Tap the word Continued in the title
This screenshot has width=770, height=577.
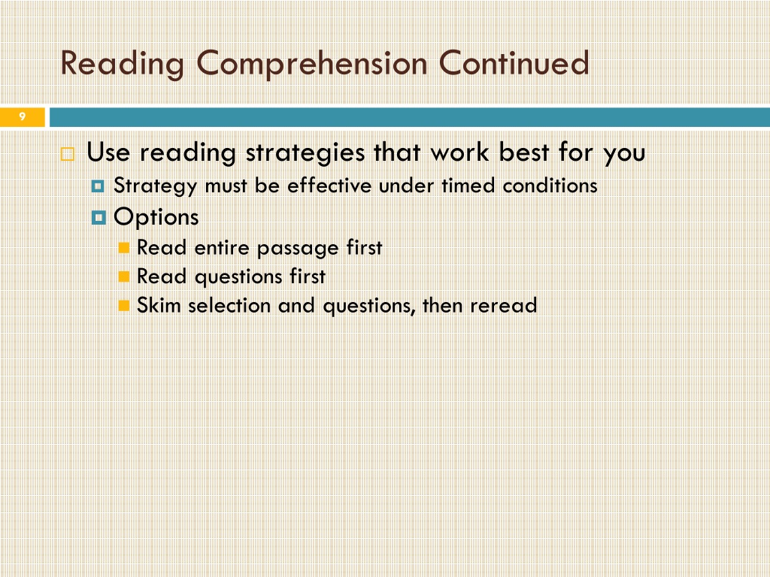pos(514,62)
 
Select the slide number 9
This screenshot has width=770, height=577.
pos(22,116)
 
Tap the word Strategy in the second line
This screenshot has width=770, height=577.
pos(155,186)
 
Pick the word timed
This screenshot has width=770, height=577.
pos(468,186)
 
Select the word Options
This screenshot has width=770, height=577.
pos(156,217)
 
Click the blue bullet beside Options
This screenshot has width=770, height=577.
pos(99,218)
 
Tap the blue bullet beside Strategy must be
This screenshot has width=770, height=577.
pos(99,186)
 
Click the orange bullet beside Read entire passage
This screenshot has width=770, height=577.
pos(124,248)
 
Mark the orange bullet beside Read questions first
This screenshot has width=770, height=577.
pos(124,276)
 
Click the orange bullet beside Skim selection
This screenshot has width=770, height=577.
pos(124,306)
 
